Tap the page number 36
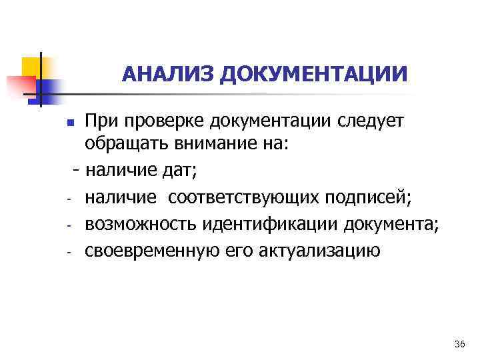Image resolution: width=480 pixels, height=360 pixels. (459, 344)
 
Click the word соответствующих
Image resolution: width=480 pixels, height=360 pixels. (244, 197)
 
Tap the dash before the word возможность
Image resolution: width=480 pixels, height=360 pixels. (69, 225)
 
